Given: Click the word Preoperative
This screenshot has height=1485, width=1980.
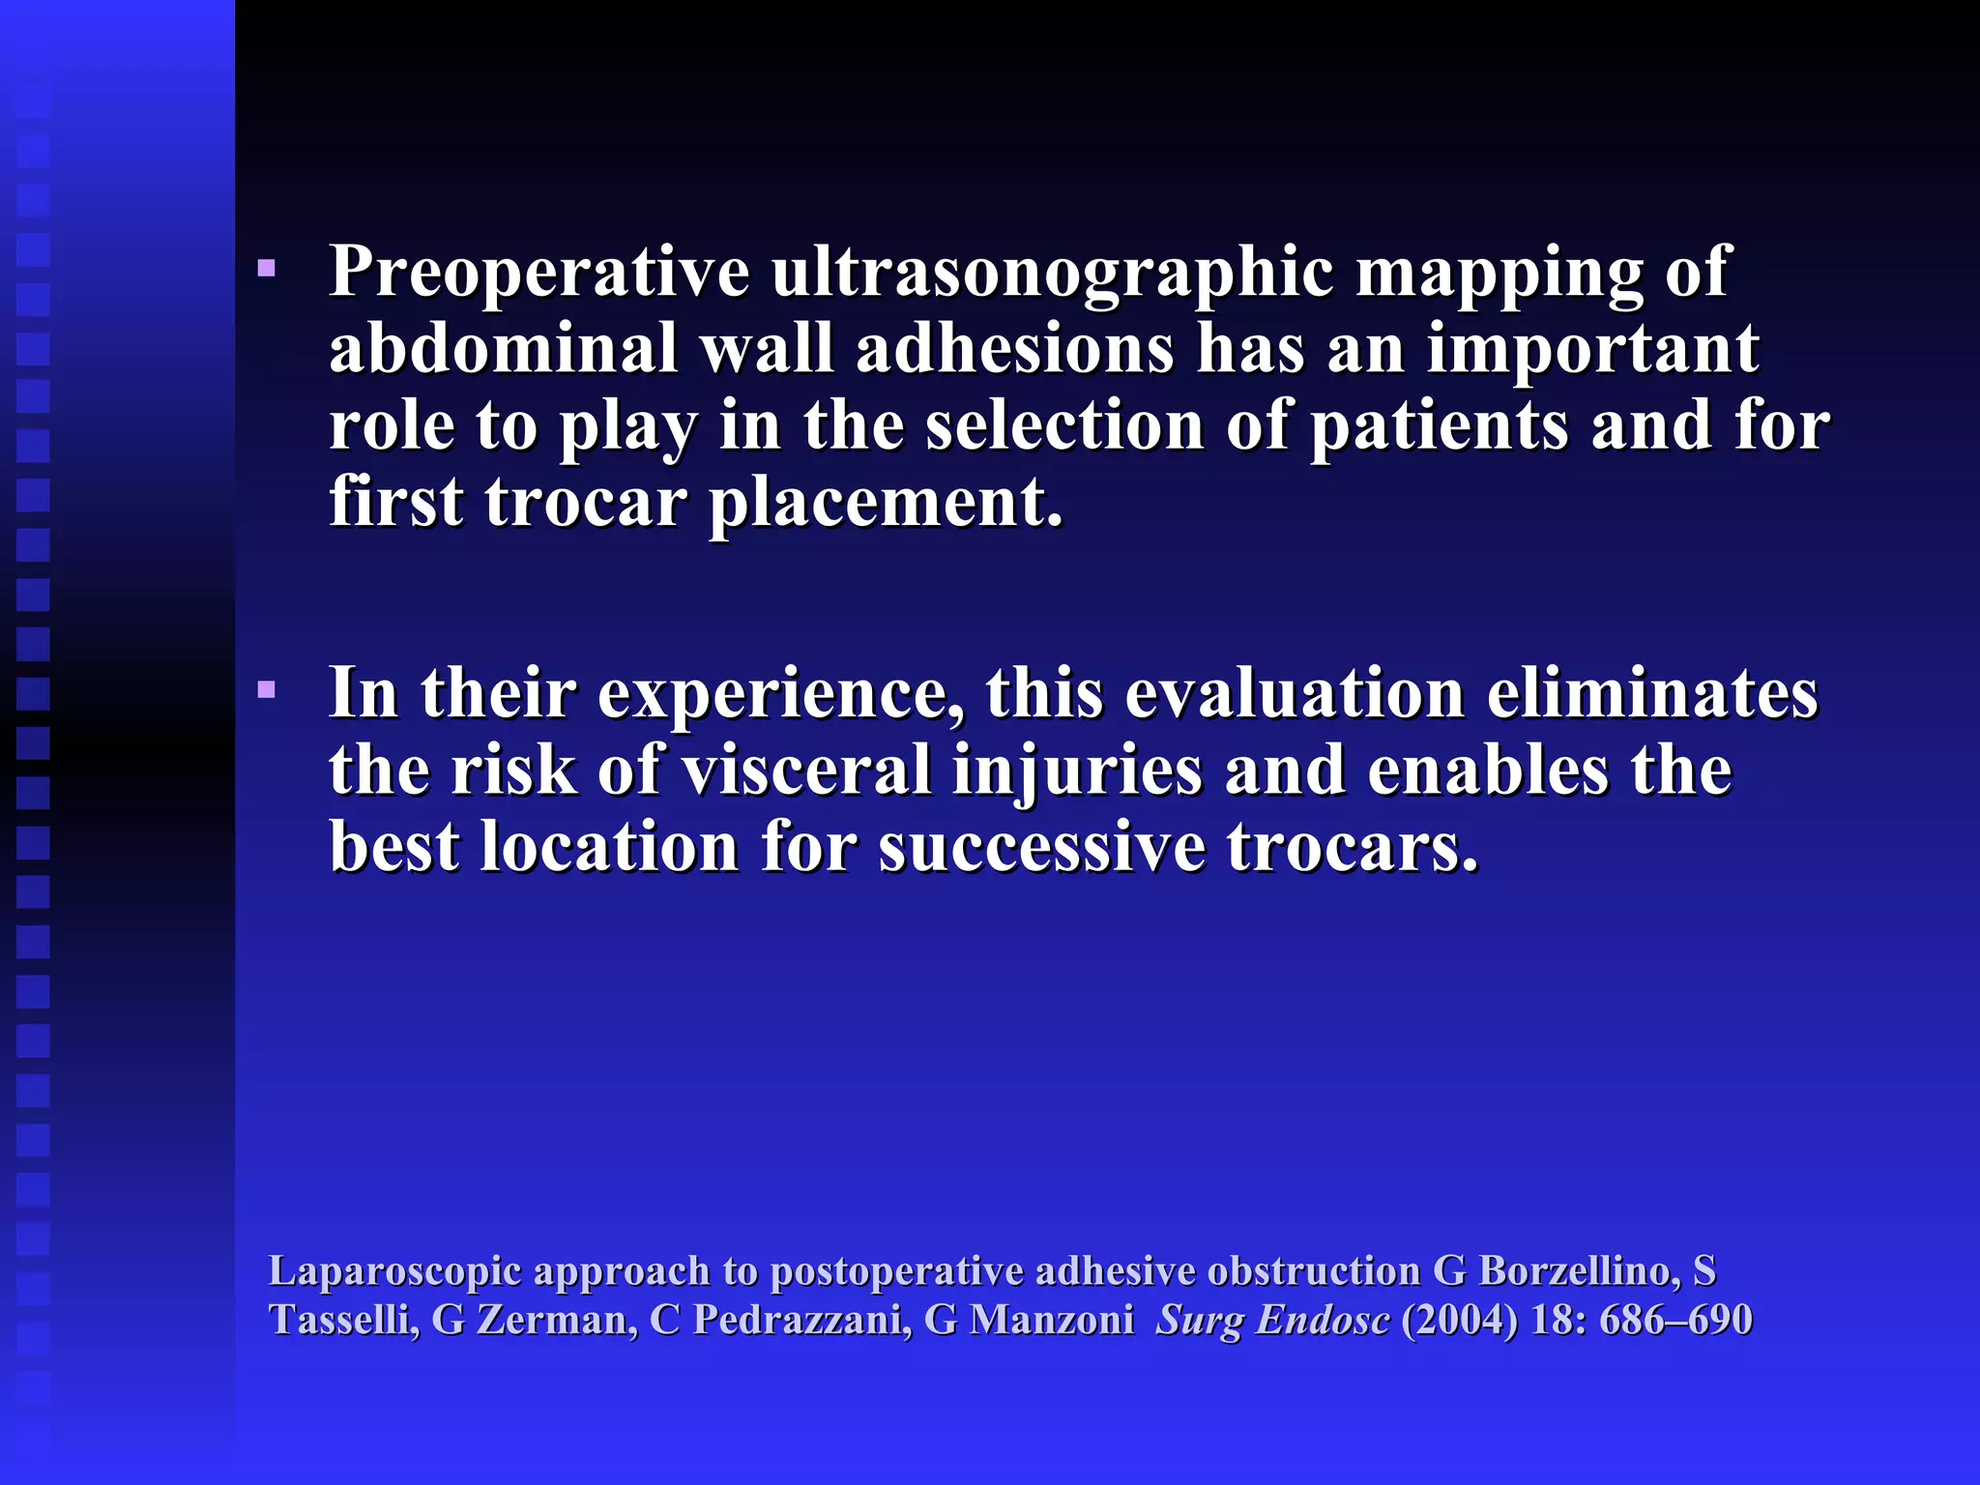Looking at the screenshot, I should click(539, 273).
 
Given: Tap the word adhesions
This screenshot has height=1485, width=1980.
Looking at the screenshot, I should click(1014, 349).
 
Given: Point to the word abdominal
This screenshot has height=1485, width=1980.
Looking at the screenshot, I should click(504, 349).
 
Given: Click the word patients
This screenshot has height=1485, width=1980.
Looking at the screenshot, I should click(1439, 426).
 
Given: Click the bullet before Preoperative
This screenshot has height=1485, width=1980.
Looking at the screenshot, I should click(267, 269).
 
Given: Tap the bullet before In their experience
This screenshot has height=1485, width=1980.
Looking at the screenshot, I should click(267, 690).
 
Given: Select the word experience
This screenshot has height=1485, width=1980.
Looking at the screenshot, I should click(779, 694).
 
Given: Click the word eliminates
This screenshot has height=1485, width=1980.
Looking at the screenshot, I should click(1651, 694).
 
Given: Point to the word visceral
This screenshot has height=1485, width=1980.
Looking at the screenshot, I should click(805, 771).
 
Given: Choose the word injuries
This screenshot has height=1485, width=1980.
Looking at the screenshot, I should click(1077, 771).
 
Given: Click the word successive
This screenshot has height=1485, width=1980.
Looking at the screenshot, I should click(1042, 848).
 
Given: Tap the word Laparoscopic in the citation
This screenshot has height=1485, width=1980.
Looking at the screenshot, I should click(394, 1272).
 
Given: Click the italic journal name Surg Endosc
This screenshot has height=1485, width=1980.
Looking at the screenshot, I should click(1272, 1321).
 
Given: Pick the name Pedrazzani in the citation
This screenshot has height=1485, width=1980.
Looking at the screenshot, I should click(801, 1321).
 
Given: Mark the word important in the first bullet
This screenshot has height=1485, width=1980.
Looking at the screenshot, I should click(1592, 349).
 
